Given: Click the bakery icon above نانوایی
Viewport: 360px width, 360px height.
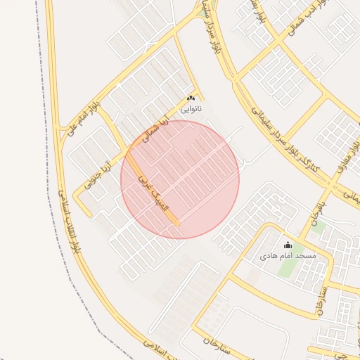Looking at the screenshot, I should coord(191,98).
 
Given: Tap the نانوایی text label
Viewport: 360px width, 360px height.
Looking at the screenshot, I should coord(191,110).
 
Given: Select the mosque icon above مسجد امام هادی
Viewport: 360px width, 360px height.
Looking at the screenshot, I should coord(287,245).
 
